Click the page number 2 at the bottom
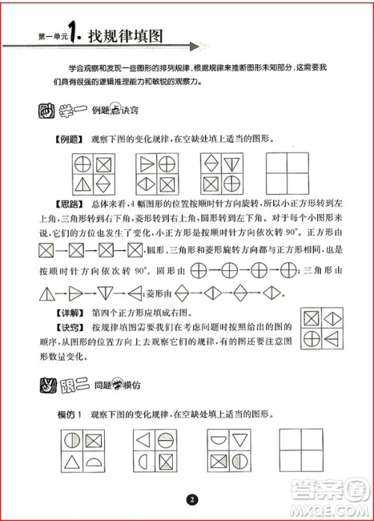(x=192, y=499)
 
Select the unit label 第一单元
(x=42, y=37)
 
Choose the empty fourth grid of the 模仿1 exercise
(x=302, y=449)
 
